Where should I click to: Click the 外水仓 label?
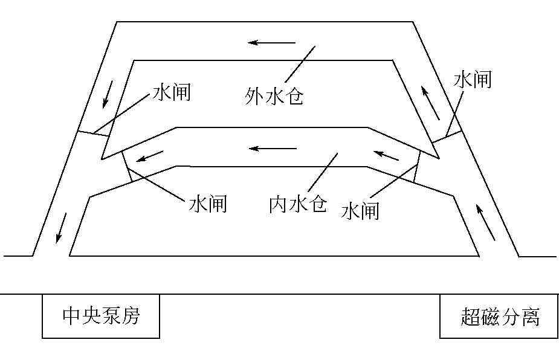[274, 95]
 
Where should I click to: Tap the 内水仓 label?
[298, 205]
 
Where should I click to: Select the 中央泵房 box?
[101, 316]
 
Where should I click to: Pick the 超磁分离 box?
[499, 316]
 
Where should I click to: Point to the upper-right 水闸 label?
[473, 79]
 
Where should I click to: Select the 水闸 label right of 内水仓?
[360, 211]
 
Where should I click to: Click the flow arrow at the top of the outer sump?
[274, 43]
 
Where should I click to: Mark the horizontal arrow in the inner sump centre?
[274, 148]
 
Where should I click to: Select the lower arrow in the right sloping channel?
[485, 222]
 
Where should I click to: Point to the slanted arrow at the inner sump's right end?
[387, 156]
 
